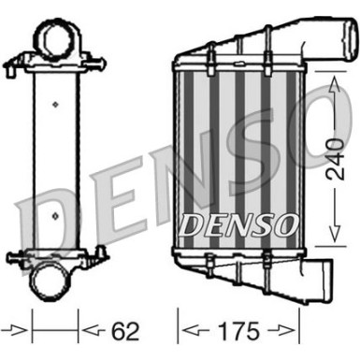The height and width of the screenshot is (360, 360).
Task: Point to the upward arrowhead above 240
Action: (333, 85)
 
